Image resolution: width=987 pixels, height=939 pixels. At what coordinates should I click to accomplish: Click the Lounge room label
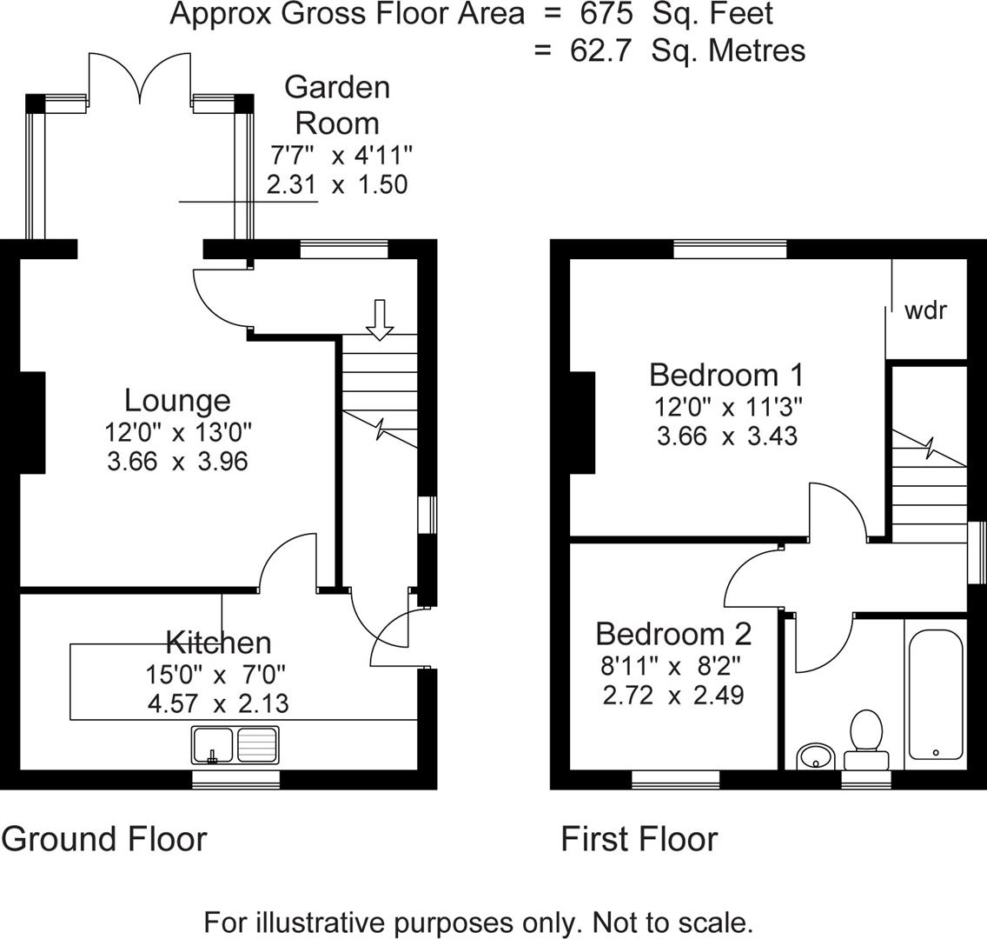[177, 401]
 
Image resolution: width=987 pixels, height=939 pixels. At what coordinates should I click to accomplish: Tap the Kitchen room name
[218, 643]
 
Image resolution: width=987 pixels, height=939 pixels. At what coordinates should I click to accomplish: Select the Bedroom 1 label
[726, 376]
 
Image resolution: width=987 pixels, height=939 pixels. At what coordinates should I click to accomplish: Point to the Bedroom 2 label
[673, 634]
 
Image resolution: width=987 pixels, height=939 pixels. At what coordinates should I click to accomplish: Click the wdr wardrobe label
[925, 310]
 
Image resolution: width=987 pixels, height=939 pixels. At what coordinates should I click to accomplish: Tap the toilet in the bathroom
[865, 739]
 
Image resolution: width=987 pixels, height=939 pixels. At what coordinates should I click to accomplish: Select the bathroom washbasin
[815, 756]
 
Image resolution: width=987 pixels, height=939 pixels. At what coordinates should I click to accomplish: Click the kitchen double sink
[235, 744]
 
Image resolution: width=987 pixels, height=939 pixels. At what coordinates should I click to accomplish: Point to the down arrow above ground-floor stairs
[380, 319]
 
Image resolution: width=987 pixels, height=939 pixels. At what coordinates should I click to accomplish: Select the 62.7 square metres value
[602, 50]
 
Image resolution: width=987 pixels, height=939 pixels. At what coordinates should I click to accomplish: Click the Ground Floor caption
[104, 839]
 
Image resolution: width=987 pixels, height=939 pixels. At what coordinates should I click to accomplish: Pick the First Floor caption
[639, 839]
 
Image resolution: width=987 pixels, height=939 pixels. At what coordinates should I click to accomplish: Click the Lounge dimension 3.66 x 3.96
[177, 461]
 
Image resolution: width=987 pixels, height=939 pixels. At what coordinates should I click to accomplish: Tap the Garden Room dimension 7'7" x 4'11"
[341, 156]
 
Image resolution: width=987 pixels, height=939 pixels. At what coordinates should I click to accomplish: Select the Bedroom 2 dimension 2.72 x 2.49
[672, 695]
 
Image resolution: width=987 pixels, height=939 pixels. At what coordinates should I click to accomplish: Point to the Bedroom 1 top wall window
[730, 250]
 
